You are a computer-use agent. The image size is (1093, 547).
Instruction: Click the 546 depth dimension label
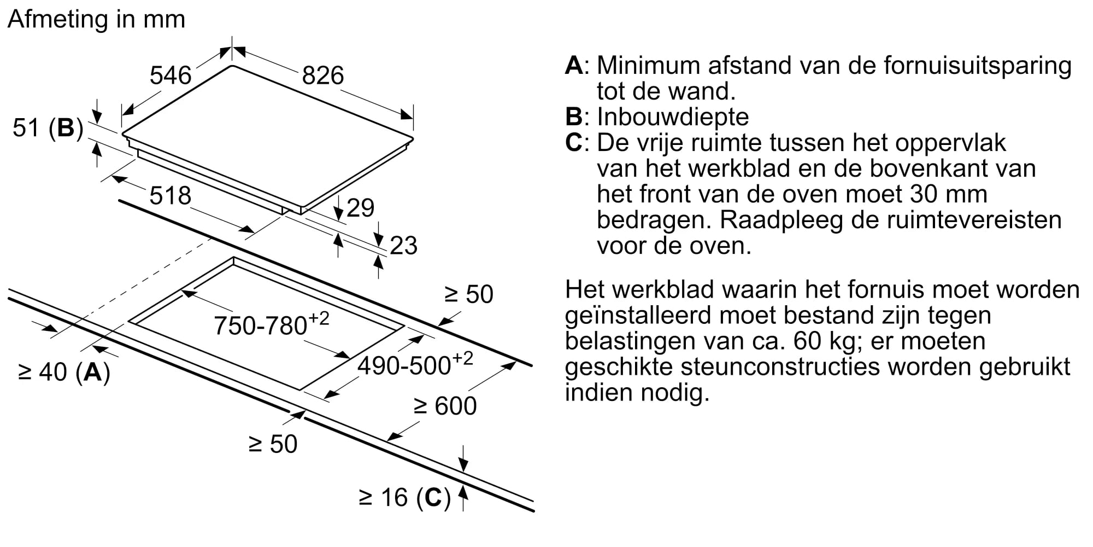[x=171, y=75]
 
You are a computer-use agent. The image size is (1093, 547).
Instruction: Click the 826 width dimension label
[x=323, y=75]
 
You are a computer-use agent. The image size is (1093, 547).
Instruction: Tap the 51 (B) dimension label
[x=48, y=128]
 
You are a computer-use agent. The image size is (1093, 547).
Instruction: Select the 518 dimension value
[x=171, y=196]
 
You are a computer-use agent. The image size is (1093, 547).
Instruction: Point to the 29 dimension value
[x=361, y=208]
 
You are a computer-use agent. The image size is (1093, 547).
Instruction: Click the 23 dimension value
[x=404, y=246]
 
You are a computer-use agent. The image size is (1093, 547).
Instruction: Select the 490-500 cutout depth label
[x=415, y=364]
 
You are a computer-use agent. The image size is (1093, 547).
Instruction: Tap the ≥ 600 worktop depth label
[x=445, y=406]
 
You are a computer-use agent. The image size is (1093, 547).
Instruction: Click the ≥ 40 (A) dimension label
[x=64, y=372]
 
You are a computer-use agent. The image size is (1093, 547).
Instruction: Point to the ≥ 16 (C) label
[x=405, y=498]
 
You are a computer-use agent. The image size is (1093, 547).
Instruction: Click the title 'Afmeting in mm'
[x=97, y=20]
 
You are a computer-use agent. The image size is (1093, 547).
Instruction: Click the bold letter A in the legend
[x=574, y=65]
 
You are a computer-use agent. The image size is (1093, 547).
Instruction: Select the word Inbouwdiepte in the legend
[x=673, y=117]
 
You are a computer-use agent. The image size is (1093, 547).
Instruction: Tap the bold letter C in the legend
[x=574, y=142]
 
